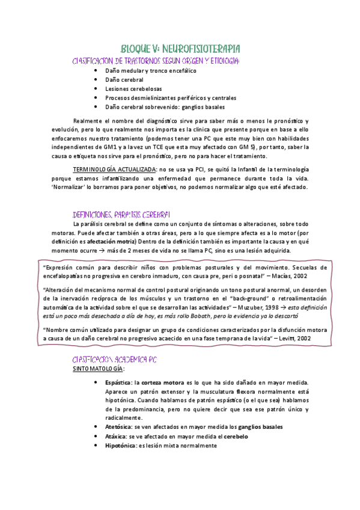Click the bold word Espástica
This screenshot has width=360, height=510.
click(118, 382)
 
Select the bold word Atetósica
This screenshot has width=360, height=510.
click(118, 426)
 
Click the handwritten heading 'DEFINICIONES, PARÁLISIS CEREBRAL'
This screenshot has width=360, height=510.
click(121, 214)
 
